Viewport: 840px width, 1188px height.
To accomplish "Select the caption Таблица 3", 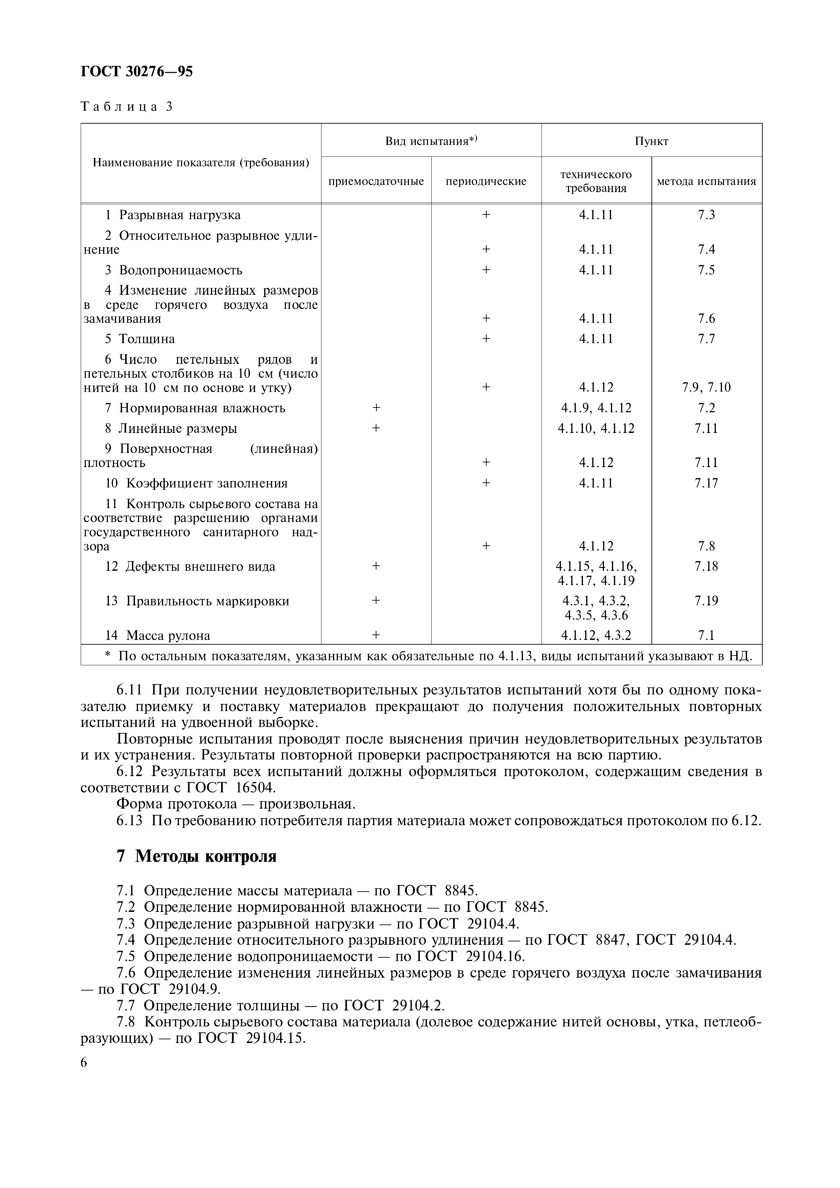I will [126, 107].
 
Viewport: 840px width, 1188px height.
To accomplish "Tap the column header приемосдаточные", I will [376, 181].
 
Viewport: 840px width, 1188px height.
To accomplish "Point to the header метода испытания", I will [706, 181].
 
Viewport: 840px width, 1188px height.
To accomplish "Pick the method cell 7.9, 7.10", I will [706, 388].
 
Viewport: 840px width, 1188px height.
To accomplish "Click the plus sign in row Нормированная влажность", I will [376, 408].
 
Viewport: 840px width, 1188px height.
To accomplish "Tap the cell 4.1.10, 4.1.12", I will [596, 429].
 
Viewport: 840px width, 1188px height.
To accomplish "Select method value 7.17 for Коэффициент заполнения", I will [706, 483].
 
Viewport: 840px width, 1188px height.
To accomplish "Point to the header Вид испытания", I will [431, 141].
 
